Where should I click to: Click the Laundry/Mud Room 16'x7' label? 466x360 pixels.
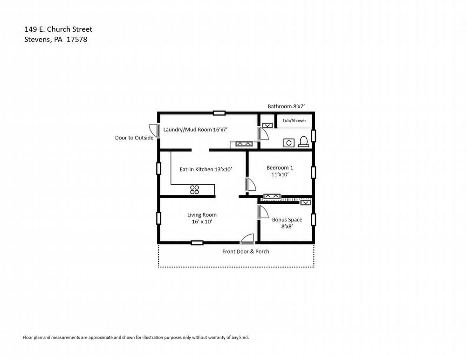click(195, 130)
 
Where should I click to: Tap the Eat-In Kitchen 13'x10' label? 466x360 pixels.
click(206, 169)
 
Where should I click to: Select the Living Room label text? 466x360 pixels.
click(202, 215)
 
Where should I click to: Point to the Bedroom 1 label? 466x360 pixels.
click(280, 168)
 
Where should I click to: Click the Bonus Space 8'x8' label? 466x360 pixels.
click(287, 223)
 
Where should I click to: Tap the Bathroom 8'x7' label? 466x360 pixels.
click(286, 106)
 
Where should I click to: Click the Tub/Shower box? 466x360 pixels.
click(294, 120)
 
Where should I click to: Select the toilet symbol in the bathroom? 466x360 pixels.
click(303, 142)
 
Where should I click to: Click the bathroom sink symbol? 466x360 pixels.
click(288, 143)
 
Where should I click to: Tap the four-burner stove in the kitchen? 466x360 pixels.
click(194, 190)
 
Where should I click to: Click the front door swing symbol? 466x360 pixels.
click(247, 239)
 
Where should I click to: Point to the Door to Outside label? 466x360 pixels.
click(134, 138)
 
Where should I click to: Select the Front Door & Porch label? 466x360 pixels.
click(246, 251)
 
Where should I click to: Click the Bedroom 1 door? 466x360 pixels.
click(250, 185)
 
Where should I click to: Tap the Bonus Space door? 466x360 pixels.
click(263, 212)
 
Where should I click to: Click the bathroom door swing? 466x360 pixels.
click(263, 133)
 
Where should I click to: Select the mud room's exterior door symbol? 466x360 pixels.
click(155, 131)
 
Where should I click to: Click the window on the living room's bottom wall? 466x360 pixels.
click(197, 243)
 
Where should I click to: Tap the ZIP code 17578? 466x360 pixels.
click(77, 39)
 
